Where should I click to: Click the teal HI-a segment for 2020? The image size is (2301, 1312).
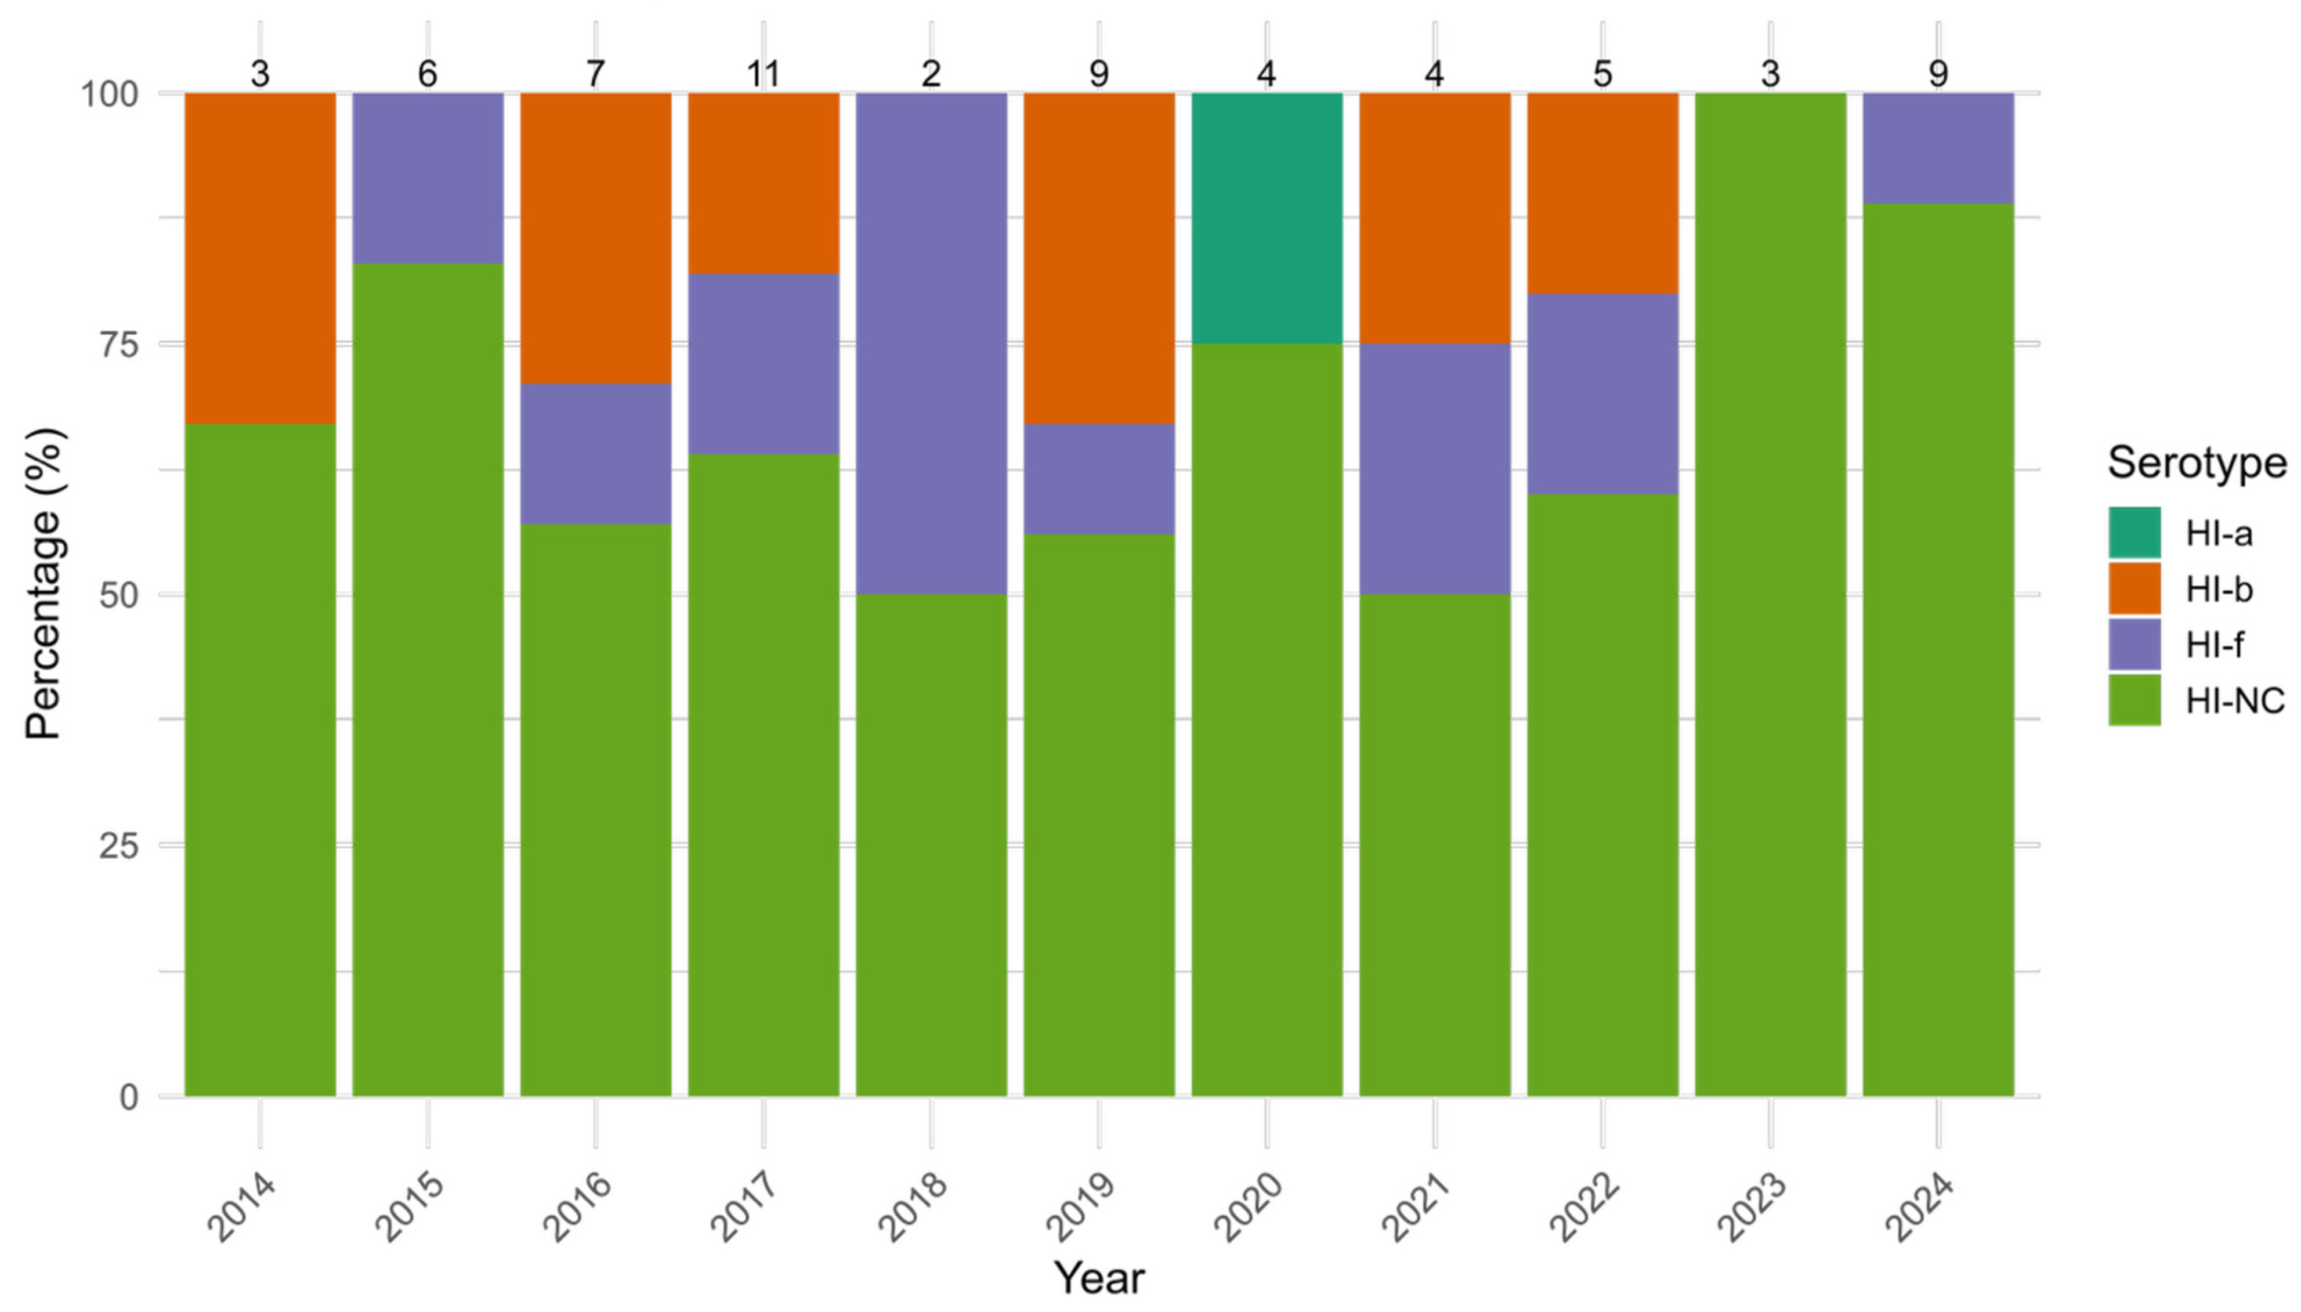pyautogui.click(x=1266, y=217)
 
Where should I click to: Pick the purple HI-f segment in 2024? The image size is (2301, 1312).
pyautogui.click(x=1937, y=148)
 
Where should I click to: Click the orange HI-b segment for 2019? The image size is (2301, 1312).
pyautogui.click(x=1098, y=258)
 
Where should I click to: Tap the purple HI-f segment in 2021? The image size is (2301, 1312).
pyautogui.click(x=1434, y=469)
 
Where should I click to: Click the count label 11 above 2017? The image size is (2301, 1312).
pyautogui.click(x=763, y=74)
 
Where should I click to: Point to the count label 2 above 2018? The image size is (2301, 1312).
pyautogui.click(x=931, y=74)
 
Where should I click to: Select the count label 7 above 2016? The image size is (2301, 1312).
pyautogui.click(x=595, y=74)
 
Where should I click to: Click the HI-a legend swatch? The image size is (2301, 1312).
pyautogui.click(x=2133, y=533)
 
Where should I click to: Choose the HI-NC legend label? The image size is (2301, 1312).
pyautogui.click(x=2234, y=700)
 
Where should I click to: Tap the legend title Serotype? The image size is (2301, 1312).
pyautogui.click(x=2197, y=463)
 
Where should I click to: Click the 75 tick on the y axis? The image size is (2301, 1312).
pyautogui.click(x=120, y=344)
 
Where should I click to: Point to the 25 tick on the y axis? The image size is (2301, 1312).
pyautogui.click(x=120, y=846)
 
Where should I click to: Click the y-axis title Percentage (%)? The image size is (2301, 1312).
pyautogui.click(x=44, y=584)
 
